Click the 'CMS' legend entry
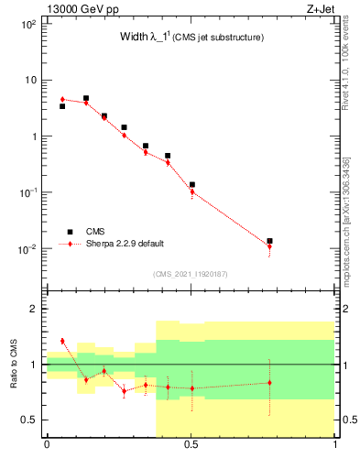click(95, 232)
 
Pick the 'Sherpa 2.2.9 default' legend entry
click(125, 244)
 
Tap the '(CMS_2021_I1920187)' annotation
click(191, 273)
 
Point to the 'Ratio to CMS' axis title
click(16, 364)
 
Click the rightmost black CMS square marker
click(269, 241)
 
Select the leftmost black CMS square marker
click(62, 106)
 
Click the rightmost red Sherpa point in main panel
click(269, 246)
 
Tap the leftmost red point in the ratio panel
click(62, 341)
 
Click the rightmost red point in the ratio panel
click(269, 383)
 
